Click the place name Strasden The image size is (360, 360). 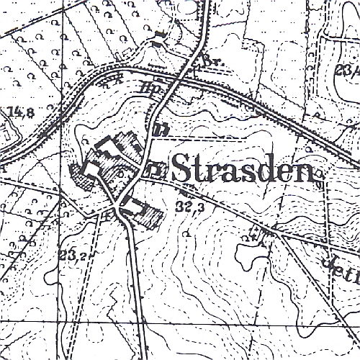[x=243, y=170]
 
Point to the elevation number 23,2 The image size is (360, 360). [x=70, y=254]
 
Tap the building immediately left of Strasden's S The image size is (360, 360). [x=156, y=170]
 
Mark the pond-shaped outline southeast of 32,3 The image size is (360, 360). [x=249, y=252]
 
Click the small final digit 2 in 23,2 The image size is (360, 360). [x=78, y=256]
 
